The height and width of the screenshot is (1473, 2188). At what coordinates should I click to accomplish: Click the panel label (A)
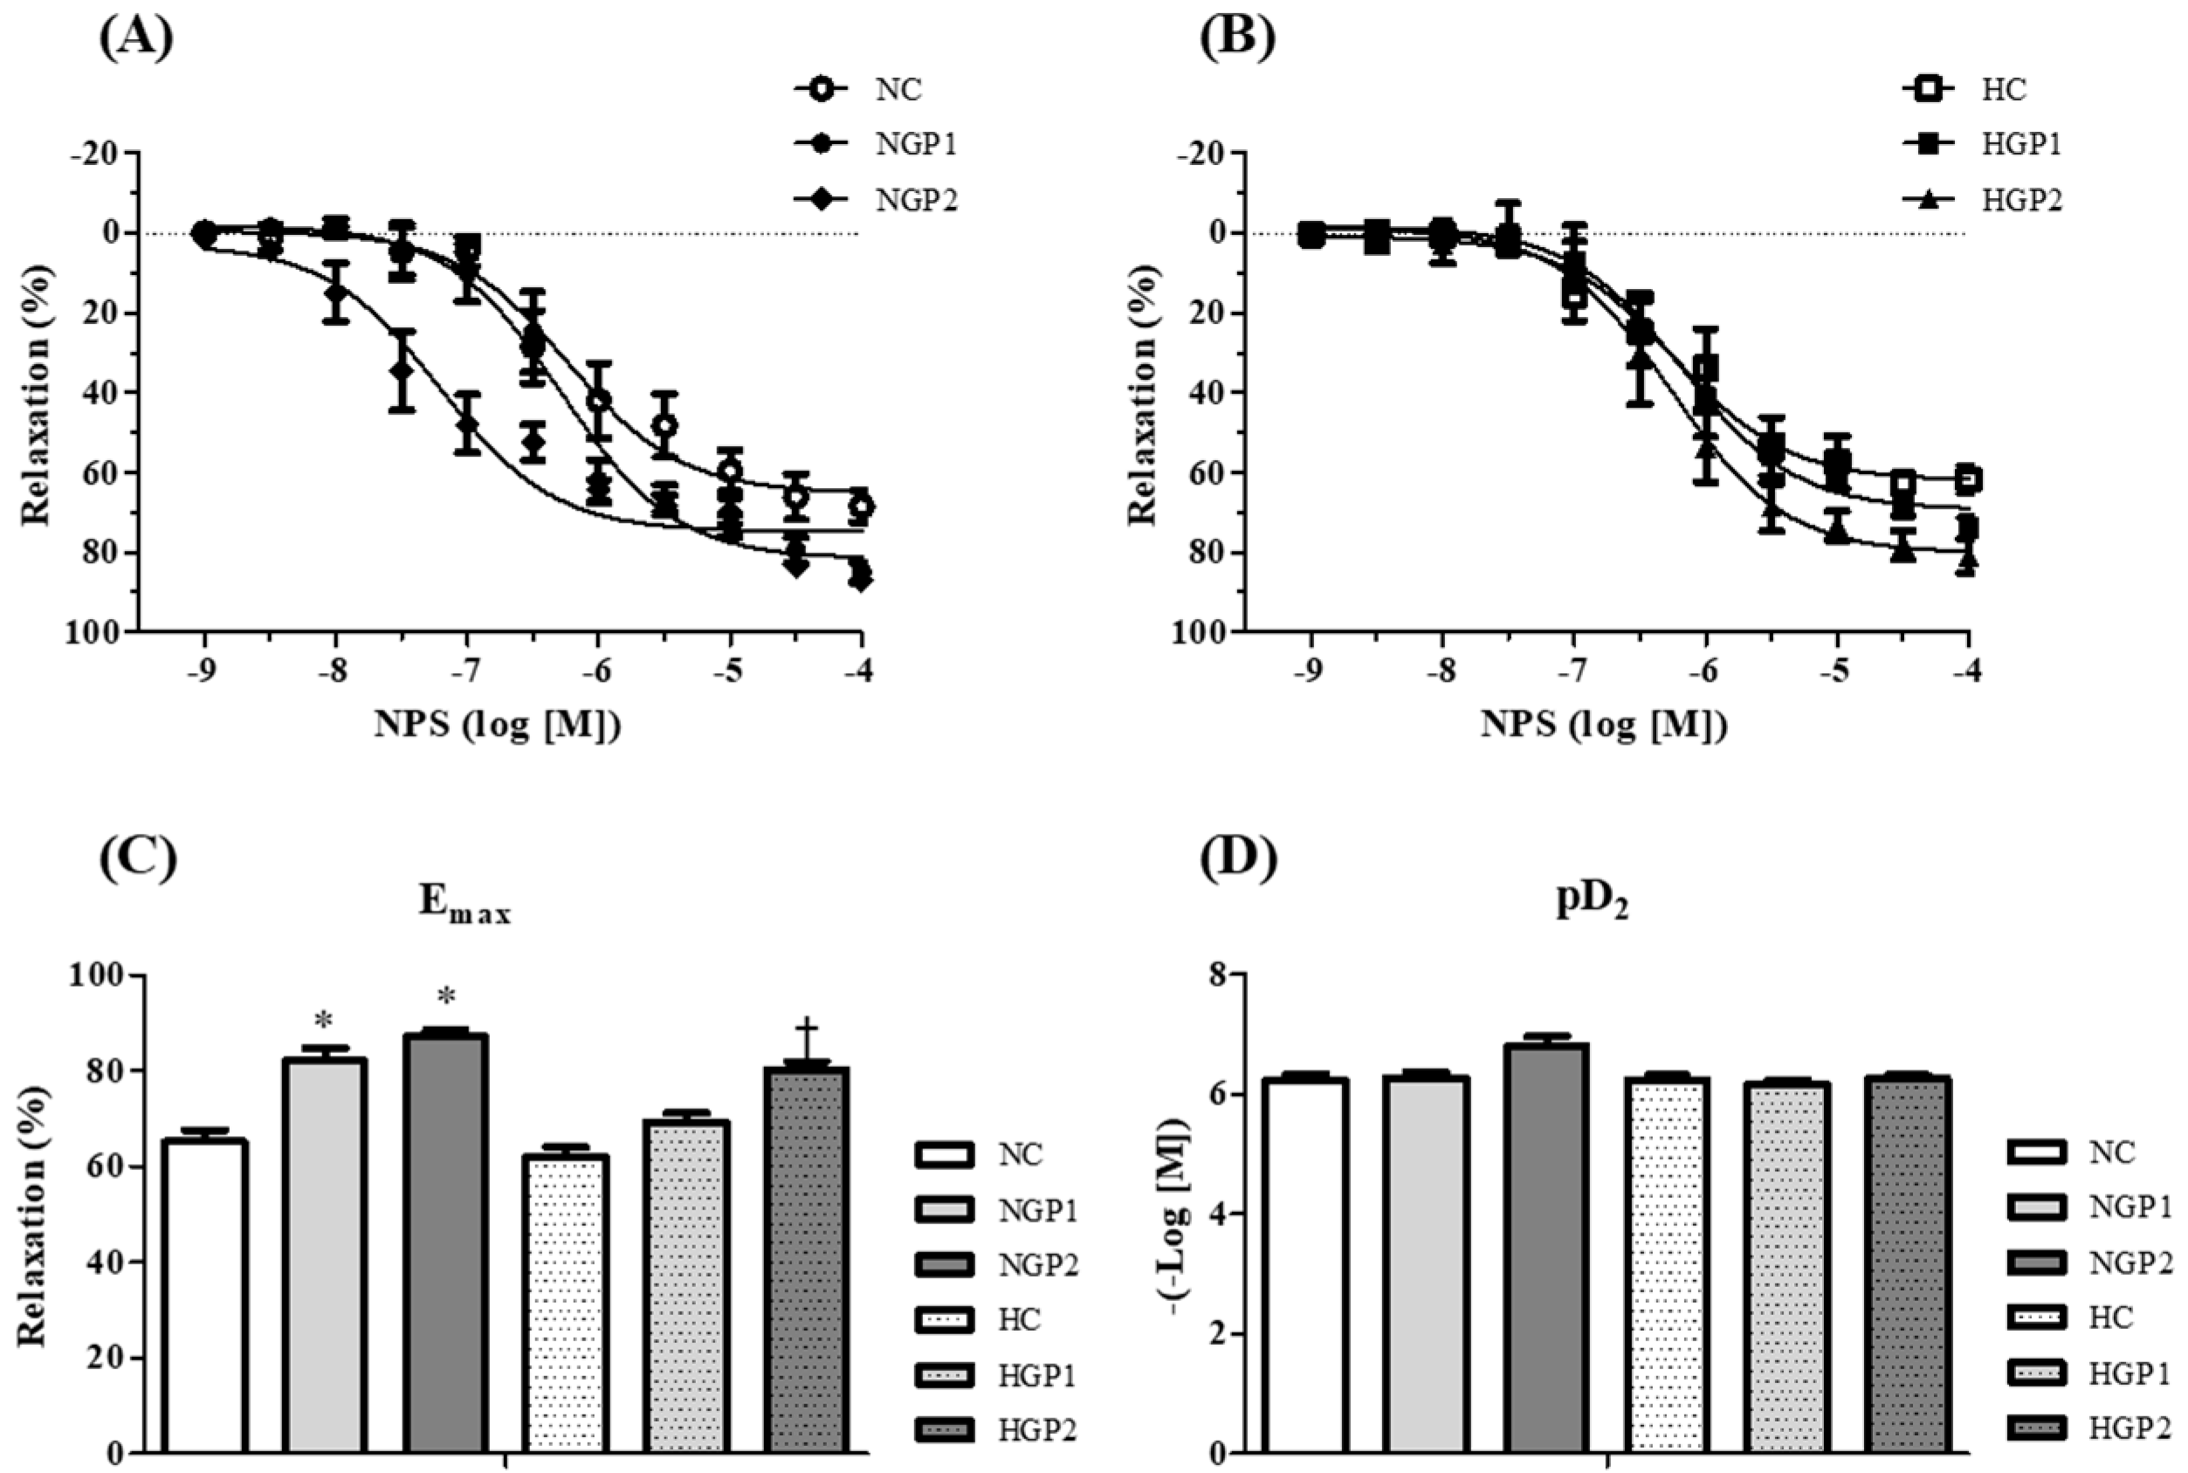point(136,38)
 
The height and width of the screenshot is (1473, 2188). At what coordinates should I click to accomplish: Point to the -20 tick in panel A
point(98,153)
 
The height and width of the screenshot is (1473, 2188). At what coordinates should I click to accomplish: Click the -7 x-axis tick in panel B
point(1573,672)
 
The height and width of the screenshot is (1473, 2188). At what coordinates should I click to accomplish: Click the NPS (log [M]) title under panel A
point(498,725)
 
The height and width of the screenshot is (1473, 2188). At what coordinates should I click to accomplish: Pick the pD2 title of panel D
point(1593,902)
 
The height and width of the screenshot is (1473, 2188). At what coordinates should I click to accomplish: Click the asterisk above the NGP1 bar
point(324,1019)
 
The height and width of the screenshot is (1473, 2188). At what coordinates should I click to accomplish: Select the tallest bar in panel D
point(1545,1249)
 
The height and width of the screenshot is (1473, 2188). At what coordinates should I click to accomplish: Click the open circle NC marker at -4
point(861,506)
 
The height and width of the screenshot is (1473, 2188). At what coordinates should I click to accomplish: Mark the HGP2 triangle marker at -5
point(1838,533)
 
